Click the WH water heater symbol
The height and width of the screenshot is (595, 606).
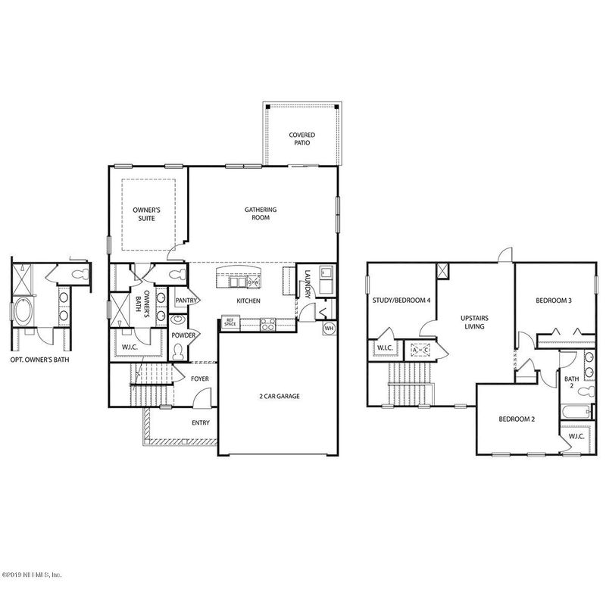(330, 329)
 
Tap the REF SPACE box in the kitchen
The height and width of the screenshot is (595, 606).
(230, 322)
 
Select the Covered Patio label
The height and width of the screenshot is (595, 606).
(301, 139)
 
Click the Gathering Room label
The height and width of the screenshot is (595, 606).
(261, 213)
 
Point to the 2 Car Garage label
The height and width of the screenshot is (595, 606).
(279, 396)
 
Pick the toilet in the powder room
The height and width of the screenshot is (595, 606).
(178, 351)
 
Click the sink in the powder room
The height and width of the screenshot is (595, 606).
(178, 319)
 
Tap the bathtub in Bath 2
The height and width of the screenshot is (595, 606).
(576, 412)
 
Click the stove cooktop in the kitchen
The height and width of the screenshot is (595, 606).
(268, 324)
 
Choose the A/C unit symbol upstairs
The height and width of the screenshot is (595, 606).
(420, 350)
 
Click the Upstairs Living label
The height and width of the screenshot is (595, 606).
(474, 322)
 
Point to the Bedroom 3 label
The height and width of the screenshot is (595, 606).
(554, 301)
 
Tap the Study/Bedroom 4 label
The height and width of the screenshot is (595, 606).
(401, 301)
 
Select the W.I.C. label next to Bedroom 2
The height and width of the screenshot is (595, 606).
(576, 436)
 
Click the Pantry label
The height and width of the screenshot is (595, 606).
(186, 301)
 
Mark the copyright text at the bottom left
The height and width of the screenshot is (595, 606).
(32, 575)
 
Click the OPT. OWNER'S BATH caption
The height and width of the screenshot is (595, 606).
(40, 360)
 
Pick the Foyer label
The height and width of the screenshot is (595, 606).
(200, 378)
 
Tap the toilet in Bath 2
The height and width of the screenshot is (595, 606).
(586, 391)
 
